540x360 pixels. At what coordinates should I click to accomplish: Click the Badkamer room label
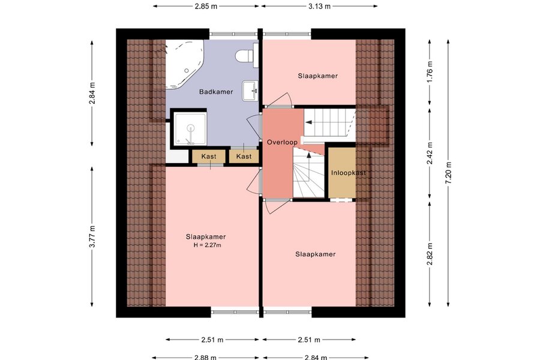[216, 92]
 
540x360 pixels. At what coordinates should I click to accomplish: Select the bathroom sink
[250, 91]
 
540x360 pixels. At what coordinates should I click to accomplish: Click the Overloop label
[282, 142]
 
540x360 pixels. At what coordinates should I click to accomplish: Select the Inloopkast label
[348, 173]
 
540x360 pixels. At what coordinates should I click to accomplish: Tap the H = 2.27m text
[207, 245]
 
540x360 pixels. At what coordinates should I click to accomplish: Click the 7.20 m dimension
[448, 173]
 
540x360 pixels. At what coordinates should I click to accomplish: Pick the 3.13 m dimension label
[319, 6]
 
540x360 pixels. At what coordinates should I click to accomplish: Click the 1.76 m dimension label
[430, 71]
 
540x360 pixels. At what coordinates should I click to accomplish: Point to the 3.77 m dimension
[92, 236]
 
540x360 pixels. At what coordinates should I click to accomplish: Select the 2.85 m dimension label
[206, 6]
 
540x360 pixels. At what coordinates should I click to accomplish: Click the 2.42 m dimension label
[430, 153]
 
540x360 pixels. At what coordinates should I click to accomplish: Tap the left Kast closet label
[209, 157]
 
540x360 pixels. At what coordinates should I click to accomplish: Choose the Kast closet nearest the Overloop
[244, 157]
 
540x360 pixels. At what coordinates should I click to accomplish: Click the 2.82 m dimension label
[430, 254]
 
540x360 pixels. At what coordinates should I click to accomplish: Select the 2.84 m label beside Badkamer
[92, 93]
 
